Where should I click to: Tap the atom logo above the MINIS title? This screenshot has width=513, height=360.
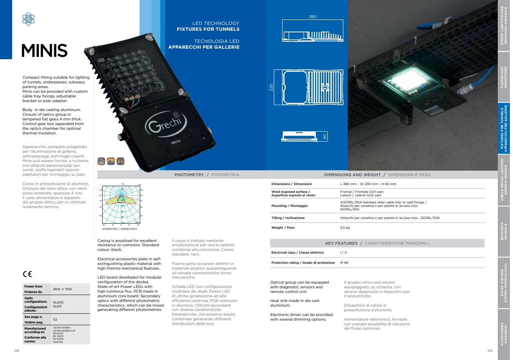coord(28,19)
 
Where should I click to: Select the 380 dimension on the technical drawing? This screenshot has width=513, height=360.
coord(312,17)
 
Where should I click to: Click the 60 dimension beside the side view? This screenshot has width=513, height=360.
coord(324,136)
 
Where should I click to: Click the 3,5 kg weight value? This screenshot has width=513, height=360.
coord(345,228)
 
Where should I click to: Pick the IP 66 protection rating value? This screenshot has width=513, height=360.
coord(344,263)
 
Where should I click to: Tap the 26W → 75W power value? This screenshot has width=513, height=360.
coord(62,289)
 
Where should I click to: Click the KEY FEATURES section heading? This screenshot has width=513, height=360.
coord(341,243)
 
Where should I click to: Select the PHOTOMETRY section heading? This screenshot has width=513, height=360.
coord(189,175)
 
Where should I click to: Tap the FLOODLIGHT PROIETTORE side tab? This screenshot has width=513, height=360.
coord(504,77)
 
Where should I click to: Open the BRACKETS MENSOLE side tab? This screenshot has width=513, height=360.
coord(504,231)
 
